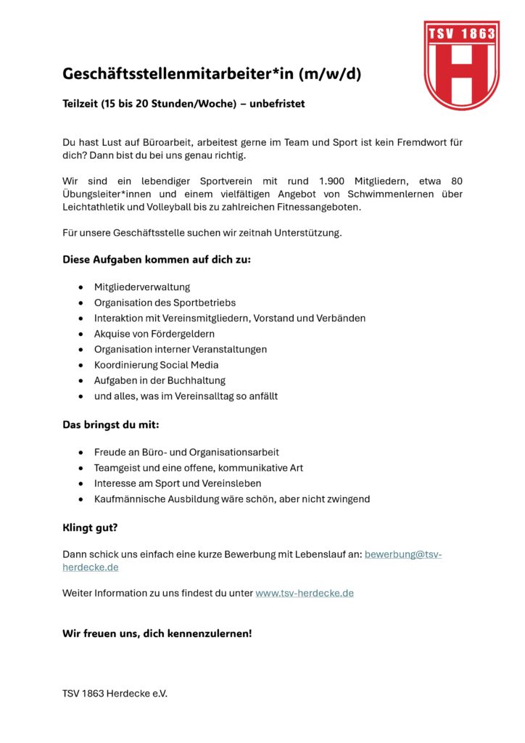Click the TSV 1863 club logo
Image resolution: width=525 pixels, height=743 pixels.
click(x=461, y=65)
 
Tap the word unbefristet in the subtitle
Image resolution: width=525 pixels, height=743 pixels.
click(x=277, y=104)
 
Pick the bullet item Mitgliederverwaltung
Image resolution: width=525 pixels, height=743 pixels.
click(x=142, y=287)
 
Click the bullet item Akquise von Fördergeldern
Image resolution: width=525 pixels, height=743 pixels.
click(x=154, y=334)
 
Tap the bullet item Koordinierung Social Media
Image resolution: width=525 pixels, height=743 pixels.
click(x=156, y=365)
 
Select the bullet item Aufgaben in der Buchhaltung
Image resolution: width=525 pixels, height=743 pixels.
click(x=160, y=380)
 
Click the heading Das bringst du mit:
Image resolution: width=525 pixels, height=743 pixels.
click(x=111, y=424)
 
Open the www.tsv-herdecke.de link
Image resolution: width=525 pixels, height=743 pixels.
click(x=305, y=593)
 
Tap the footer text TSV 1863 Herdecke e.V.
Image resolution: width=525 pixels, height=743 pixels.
click(x=115, y=693)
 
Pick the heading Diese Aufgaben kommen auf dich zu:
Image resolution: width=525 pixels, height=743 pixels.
click(x=157, y=259)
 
